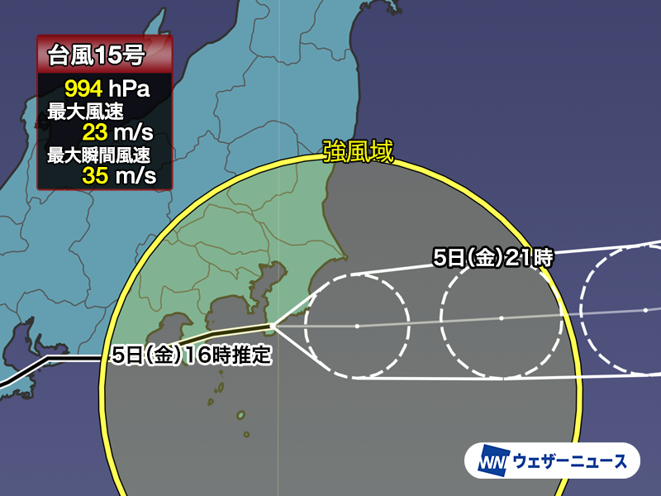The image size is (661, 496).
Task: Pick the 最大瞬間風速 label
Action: pyautogui.click(x=97, y=154)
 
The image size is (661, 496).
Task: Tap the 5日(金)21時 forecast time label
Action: pyautogui.click(x=493, y=258)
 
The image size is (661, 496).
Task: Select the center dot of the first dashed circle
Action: pyautogui.click(x=357, y=327)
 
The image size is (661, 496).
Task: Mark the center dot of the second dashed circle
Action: pyautogui.click(x=501, y=317)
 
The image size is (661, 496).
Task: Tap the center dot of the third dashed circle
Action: pyautogui.click(x=645, y=310)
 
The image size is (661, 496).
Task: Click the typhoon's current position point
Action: pyautogui.click(x=274, y=326)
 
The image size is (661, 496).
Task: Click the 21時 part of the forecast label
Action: pyautogui.click(x=529, y=258)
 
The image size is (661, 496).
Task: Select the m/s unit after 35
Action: pyautogui.click(x=137, y=175)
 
